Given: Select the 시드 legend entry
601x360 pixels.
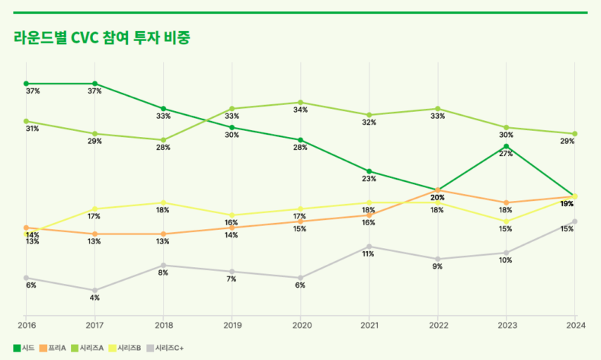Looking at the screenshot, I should tap(27, 348).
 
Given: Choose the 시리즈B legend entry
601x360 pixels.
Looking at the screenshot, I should tap(129, 348).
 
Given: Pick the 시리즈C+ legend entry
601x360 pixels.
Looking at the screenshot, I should tap(168, 348).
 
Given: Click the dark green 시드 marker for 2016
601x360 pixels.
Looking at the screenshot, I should tap(26, 83).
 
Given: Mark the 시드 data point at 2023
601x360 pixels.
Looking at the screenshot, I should tap(506, 146).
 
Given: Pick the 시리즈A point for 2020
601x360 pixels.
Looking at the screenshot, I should tap(300, 102).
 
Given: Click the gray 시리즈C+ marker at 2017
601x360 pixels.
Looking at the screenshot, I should tap(94, 291).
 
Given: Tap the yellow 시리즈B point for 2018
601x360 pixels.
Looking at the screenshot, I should tap(163, 202).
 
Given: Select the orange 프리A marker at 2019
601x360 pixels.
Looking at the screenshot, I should tap(232, 228).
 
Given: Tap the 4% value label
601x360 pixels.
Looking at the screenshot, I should tap(94, 298).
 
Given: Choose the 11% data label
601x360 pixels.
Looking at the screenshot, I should tap(369, 254).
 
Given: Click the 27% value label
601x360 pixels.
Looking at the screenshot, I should tap(506, 154).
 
